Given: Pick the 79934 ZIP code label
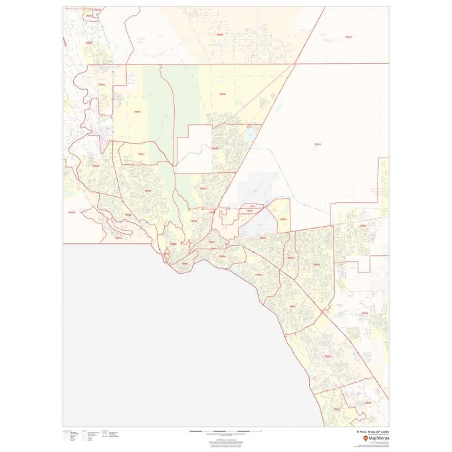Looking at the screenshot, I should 223,94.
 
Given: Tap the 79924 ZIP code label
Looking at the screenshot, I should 214,148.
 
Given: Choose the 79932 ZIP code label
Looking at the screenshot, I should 95,166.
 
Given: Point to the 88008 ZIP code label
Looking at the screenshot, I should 72,213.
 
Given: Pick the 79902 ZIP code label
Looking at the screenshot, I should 173,244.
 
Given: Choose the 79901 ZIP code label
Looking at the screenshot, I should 185,264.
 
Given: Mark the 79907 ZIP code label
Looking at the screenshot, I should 292,306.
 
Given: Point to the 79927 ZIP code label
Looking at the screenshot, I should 327,356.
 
